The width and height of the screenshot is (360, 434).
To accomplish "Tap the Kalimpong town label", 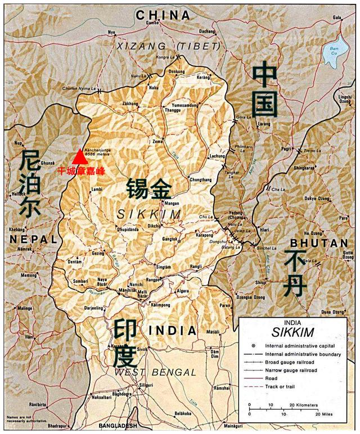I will (x=161, y=304).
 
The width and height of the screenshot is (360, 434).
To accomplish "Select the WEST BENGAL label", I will (x=155, y=372).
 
